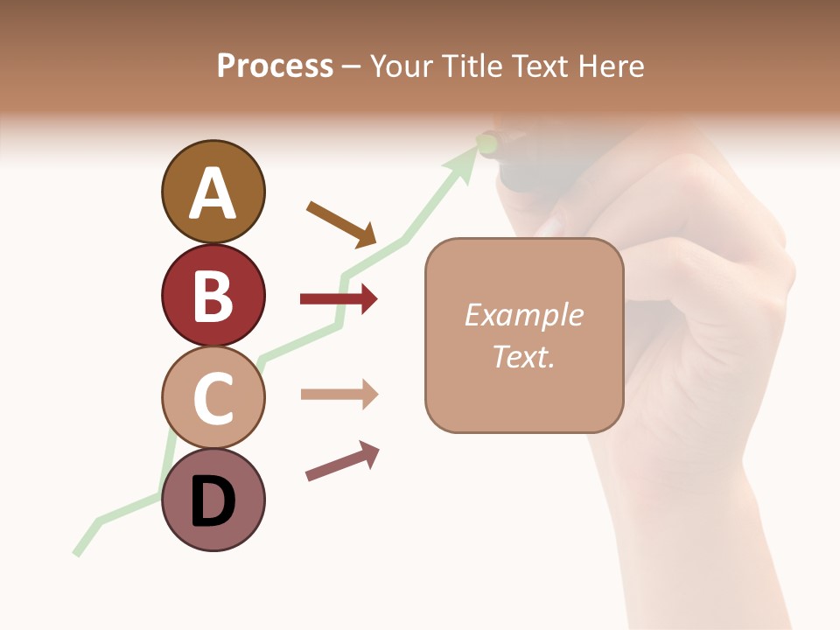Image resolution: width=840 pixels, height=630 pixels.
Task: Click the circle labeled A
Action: pos(213,192)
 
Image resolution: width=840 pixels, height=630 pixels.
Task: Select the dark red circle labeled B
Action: pos(213,295)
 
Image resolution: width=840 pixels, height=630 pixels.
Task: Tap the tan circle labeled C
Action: pos(213,397)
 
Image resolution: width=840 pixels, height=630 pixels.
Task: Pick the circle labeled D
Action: pos(213,500)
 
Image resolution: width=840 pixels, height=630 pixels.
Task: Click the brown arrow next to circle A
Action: pos(341,224)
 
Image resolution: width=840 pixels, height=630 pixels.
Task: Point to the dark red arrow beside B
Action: pos(339,299)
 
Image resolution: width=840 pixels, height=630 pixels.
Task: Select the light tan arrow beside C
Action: pos(339,395)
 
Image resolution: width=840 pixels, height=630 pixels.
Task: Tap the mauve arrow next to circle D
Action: pos(342,461)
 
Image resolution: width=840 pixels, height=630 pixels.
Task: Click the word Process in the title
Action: pos(275,66)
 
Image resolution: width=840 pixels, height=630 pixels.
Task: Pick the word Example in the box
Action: pos(523,315)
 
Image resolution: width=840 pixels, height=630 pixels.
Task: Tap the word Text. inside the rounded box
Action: pos(523,356)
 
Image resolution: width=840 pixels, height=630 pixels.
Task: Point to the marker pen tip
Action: pos(487,142)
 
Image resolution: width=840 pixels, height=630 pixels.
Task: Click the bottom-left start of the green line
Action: pos(77,553)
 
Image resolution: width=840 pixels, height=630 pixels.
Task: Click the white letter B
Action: pos(213,297)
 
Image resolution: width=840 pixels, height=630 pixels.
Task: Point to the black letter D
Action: pos(213,502)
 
